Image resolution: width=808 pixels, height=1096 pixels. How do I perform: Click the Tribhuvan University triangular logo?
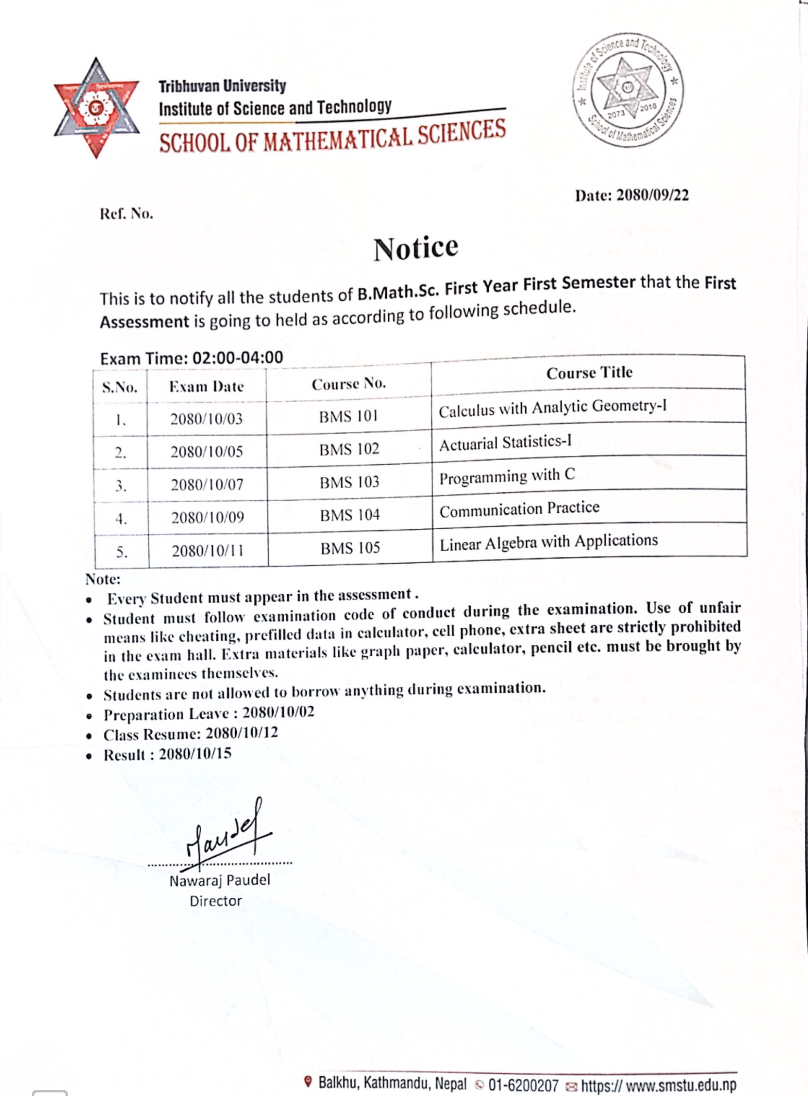coord(96,108)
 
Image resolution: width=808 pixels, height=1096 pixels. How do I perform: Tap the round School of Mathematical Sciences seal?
coord(628,91)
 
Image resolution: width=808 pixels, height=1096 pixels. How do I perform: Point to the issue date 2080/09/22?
coord(653,196)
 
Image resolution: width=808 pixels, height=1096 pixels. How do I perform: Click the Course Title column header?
coord(589,373)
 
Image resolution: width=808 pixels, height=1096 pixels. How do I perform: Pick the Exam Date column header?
coord(207,387)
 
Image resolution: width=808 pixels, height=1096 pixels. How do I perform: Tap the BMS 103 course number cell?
coord(349,482)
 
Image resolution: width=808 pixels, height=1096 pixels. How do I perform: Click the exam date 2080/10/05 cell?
coord(207,451)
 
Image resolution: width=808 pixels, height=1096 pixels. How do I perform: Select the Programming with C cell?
coord(507,476)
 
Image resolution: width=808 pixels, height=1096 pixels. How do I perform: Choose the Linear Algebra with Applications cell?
coord(548,542)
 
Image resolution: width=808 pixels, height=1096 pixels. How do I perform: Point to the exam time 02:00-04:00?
coord(238,357)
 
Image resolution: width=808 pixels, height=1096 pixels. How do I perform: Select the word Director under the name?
coord(216,901)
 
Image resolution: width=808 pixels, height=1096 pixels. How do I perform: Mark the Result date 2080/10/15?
coord(195,753)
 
